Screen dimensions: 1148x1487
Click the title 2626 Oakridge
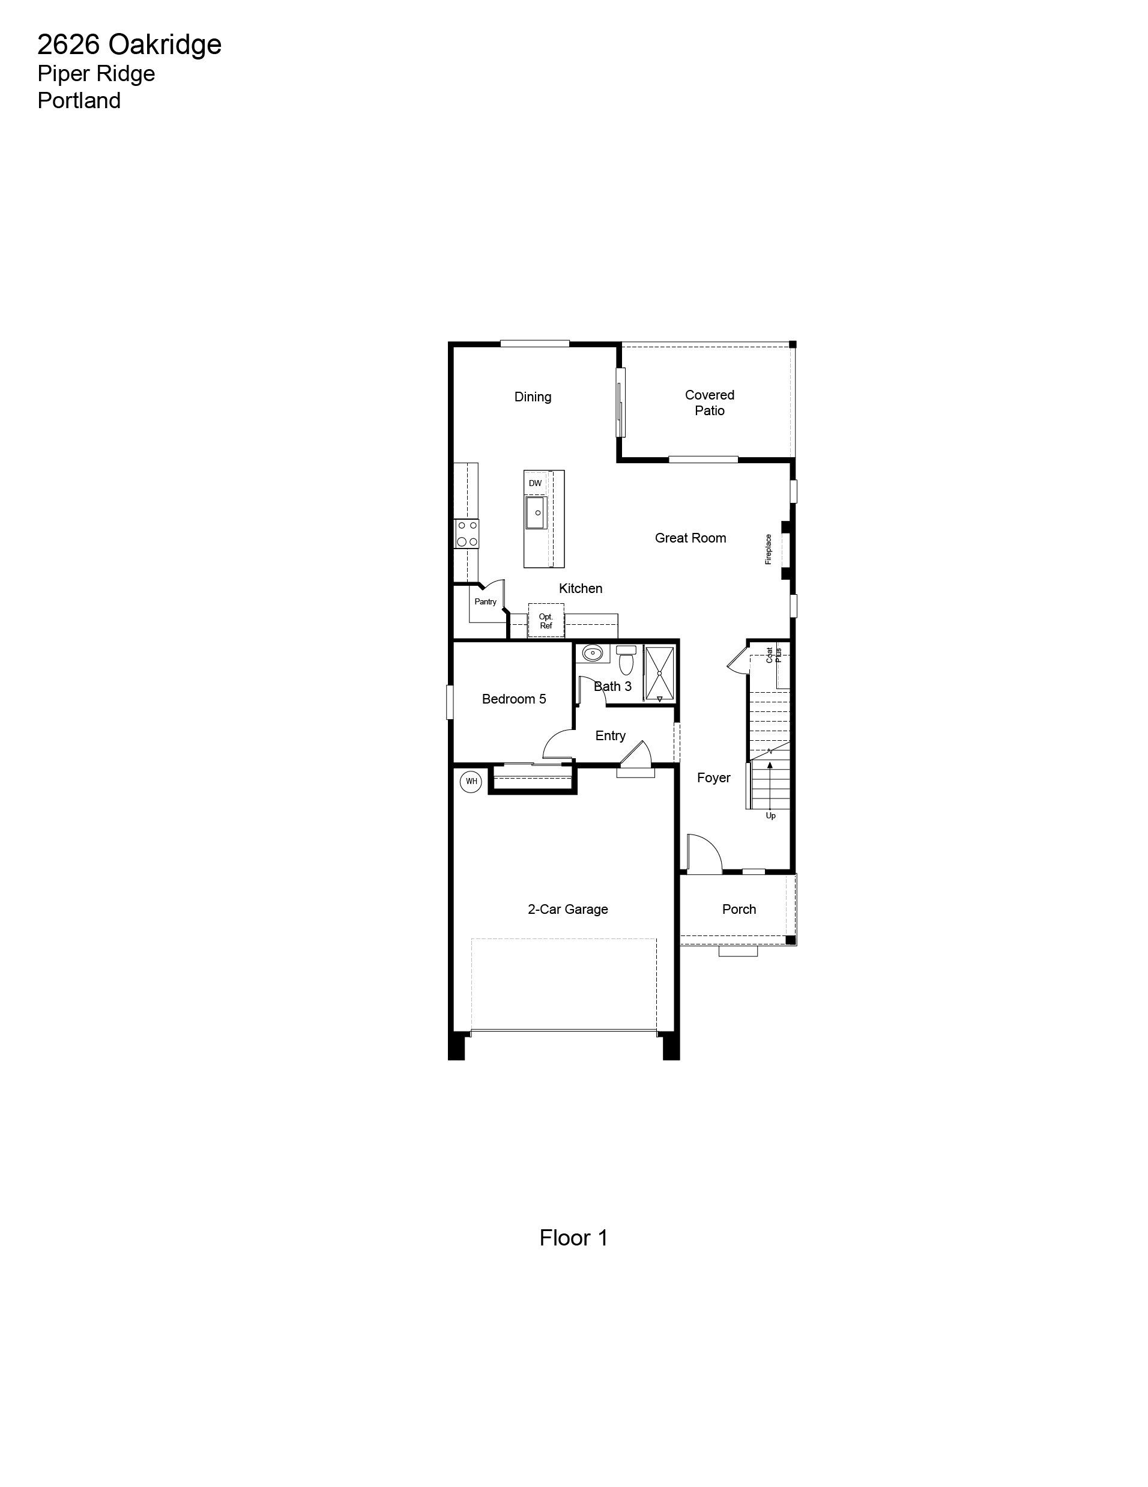pyautogui.click(x=129, y=45)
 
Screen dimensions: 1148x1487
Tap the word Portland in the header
pyautogui.click(x=79, y=101)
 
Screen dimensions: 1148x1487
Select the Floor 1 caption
pyautogui.click(x=573, y=1237)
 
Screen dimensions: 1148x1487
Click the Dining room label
pyautogui.click(x=533, y=397)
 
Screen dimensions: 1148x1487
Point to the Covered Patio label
pyautogui.click(x=710, y=403)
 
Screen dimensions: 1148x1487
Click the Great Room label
pyautogui.click(x=690, y=538)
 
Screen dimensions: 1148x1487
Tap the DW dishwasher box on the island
pyautogui.click(x=536, y=484)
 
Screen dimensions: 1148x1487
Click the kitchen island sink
pyautogui.click(x=536, y=512)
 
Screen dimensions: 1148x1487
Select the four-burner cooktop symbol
pyautogui.click(x=467, y=534)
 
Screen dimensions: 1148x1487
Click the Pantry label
pyautogui.click(x=486, y=602)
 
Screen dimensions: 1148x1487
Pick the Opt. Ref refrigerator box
pyautogui.click(x=546, y=620)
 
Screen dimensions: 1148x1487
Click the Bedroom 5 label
pyautogui.click(x=514, y=699)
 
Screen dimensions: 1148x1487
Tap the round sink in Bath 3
pyautogui.click(x=593, y=654)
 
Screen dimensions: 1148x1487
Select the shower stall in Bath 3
pyautogui.click(x=659, y=674)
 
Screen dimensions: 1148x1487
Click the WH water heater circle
pyautogui.click(x=471, y=782)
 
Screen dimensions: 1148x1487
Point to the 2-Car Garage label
pyautogui.click(x=568, y=910)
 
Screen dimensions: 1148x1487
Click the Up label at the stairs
pyautogui.click(x=770, y=816)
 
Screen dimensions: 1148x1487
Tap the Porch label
pyautogui.click(x=739, y=910)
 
